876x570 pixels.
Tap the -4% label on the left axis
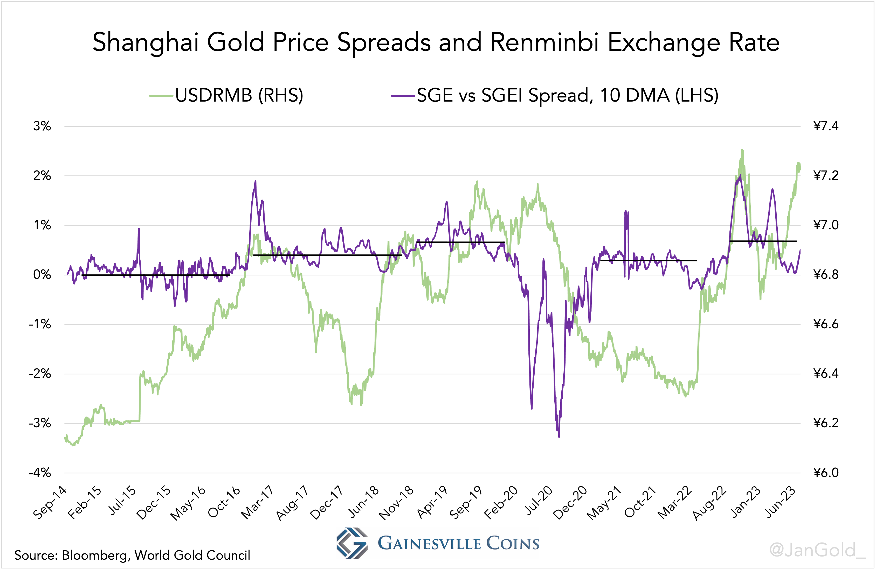click(x=40, y=473)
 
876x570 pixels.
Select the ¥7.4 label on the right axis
click(x=826, y=126)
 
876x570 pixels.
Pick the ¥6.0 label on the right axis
click(x=826, y=473)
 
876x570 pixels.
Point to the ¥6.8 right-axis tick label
click(x=826, y=275)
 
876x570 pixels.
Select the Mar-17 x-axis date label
click(x=257, y=502)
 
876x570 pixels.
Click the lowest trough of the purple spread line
click(x=559, y=437)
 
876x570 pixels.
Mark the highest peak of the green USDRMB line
click(x=742, y=150)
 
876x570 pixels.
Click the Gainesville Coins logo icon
click(x=351, y=543)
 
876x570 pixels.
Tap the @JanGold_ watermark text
click(x=817, y=550)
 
